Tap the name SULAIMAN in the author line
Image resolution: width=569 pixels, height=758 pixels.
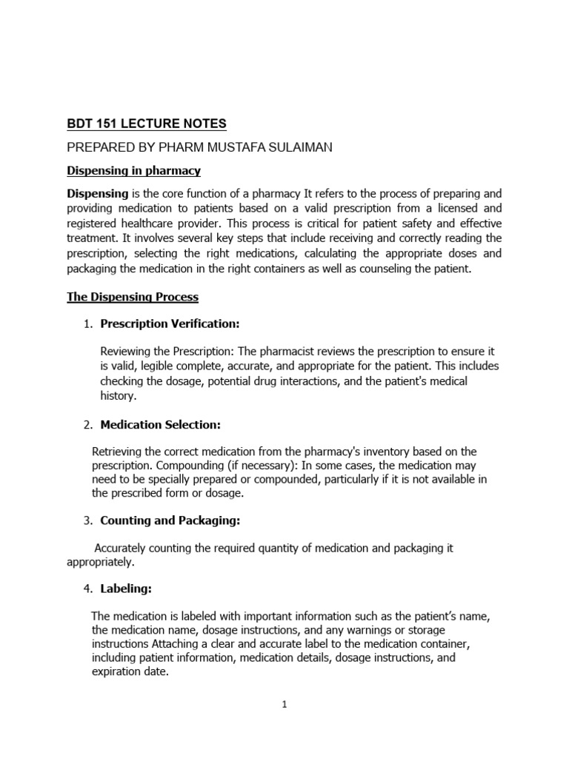(x=297, y=147)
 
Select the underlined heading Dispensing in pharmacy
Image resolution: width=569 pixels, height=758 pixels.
(x=134, y=171)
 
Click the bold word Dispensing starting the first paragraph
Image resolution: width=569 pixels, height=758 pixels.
(x=97, y=193)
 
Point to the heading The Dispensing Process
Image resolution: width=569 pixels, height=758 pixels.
(x=133, y=297)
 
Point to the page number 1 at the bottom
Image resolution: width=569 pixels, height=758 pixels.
(x=284, y=705)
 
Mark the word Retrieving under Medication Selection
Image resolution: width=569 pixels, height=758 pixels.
(x=119, y=452)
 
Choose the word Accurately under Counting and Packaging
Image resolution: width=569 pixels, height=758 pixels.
(x=123, y=549)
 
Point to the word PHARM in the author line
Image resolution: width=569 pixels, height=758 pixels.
(x=150, y=147)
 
